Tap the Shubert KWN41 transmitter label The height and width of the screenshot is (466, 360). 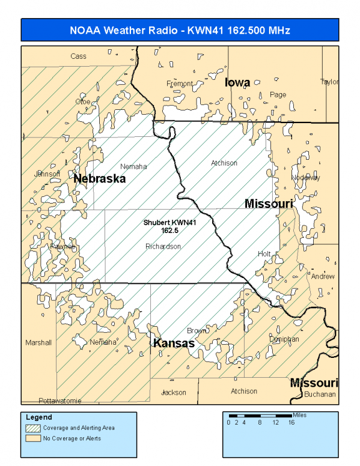coord(170,226)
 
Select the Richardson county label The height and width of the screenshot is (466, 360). coord(163,246)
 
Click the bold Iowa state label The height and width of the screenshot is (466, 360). coord(237,82)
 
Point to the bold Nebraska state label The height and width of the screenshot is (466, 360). coord(99,179)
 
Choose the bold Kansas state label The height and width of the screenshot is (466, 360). coord(174,343)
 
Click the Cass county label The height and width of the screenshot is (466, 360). coord(78,56)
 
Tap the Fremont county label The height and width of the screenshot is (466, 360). coord(180,83)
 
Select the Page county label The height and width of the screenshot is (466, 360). coord(278,94)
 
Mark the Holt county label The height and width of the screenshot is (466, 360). coord(264,254)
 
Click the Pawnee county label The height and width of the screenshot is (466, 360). coord(62,246)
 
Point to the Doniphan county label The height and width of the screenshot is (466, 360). coord(284,339)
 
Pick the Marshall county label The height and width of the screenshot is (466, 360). coord(38,342)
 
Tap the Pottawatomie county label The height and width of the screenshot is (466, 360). coord(59,400)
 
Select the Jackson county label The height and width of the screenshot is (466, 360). coord(174,392)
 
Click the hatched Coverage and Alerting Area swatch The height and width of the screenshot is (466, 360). coord(33,428)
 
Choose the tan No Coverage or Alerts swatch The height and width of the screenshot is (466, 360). coord(33,438)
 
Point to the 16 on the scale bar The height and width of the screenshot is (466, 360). coord(291,423)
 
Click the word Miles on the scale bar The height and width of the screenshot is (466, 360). coord(301,415)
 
